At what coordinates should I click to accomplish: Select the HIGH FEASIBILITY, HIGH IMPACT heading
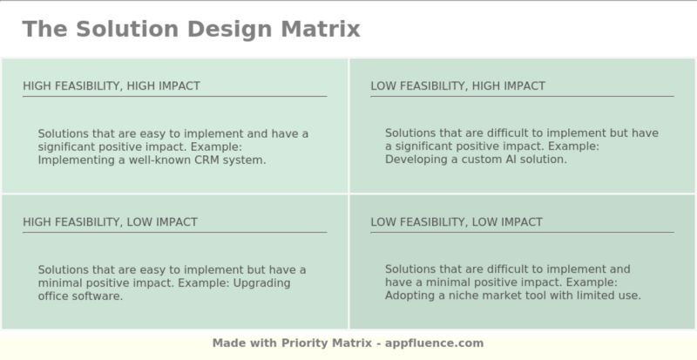pos(112,85)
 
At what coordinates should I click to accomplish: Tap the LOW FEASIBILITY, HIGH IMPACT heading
pos(457,85)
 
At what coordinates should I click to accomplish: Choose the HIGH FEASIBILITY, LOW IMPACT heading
pos(110,222)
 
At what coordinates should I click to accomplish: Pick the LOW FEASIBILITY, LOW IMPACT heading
pos(456,222)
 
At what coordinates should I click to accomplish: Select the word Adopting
pos(410,296)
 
